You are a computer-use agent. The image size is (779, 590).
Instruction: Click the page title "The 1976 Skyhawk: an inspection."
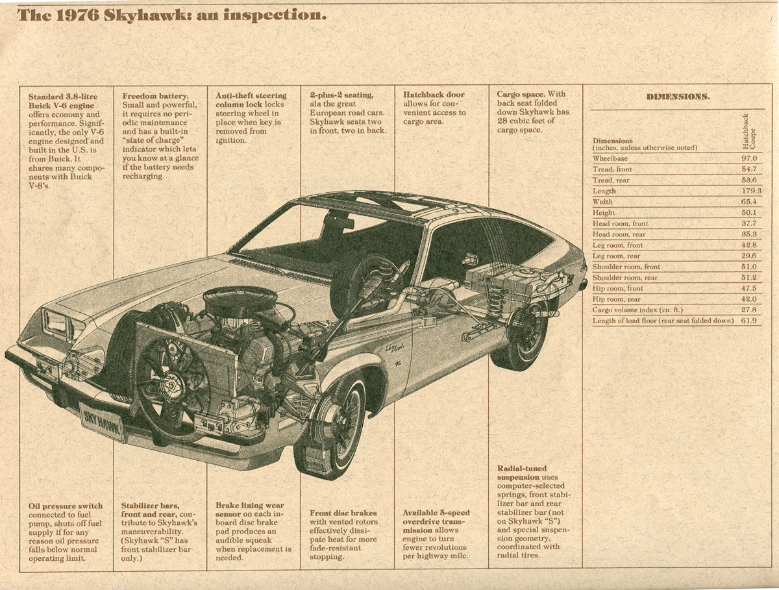[172, 15]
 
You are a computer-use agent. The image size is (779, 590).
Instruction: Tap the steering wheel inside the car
[364, 286]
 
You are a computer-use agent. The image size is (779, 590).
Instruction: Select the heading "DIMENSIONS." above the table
[678, 97]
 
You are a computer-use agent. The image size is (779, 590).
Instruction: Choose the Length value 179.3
[750, 191]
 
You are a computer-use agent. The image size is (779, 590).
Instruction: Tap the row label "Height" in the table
[604, 213]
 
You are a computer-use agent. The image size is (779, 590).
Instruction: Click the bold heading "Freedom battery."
[155, 95]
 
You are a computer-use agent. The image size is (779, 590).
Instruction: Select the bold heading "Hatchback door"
[434, 95]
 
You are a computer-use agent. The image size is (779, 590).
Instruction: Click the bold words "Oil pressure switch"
[66, 506]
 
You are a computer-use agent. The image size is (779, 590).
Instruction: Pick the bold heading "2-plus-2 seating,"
[341, 95]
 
